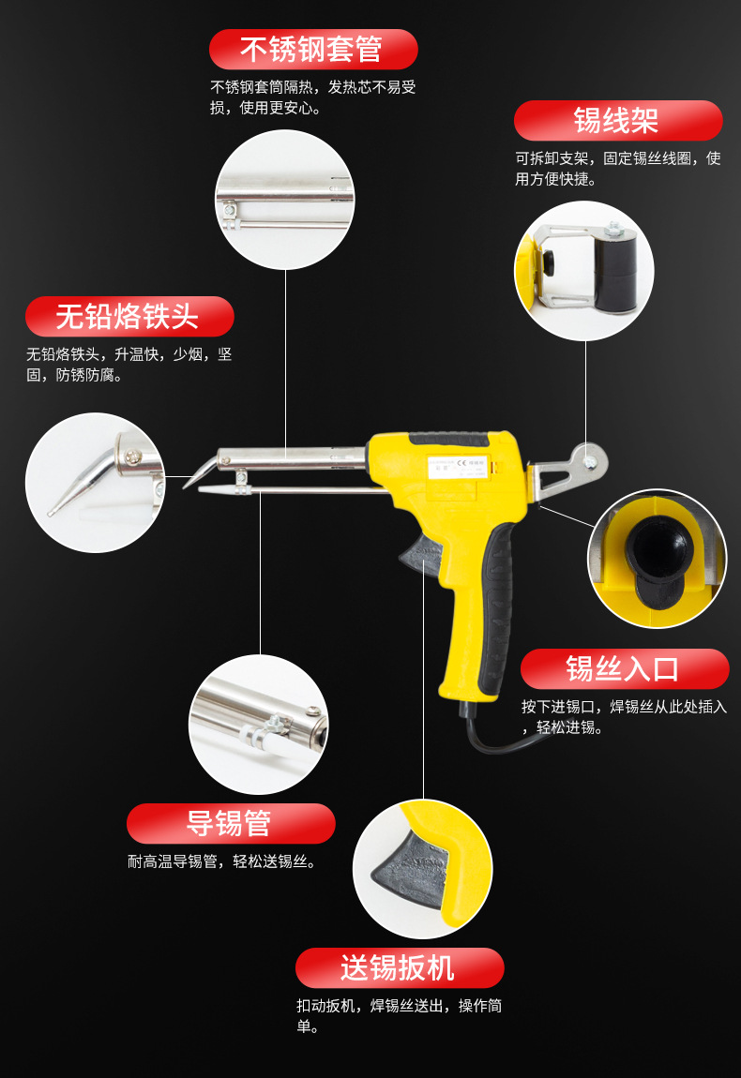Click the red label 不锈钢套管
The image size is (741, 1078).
(x=313, y=50)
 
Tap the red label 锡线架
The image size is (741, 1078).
(x=618, y=121)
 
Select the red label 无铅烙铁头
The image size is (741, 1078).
(x=129, y=317)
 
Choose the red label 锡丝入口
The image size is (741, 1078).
(x=624, y=669)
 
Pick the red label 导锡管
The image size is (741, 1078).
(x=231, y=824)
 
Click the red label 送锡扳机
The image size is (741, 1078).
(x=400, y=968)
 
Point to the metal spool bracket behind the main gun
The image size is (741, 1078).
(x=568, y=472)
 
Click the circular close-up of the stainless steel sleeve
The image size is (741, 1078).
(x=285, y=199)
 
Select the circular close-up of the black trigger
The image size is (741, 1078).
(x=422, y=868)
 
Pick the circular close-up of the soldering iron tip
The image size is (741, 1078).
(x=95, y=483)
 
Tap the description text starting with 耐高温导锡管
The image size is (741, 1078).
(x=223, y=861)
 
